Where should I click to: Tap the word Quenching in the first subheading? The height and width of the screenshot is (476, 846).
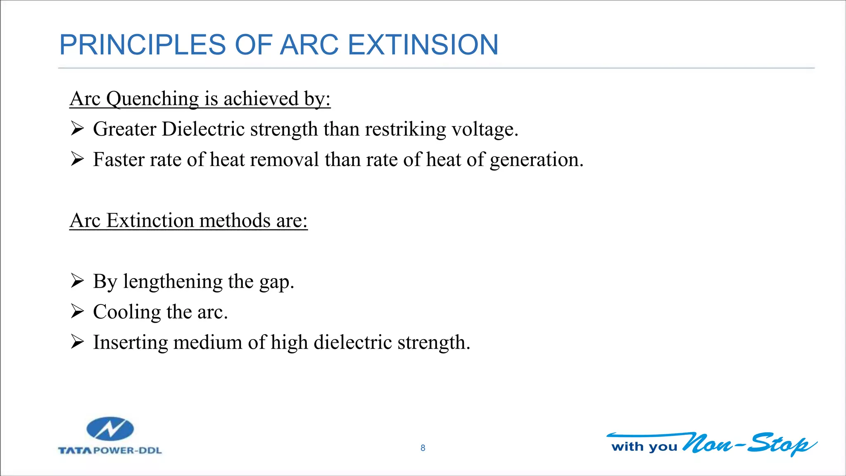(x=152, y=99)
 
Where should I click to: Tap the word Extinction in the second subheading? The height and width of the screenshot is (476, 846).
(x=150, y=220)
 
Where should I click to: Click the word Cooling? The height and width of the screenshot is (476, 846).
(x=127, y=312)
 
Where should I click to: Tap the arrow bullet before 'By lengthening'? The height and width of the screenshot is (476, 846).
(x=77, y=281)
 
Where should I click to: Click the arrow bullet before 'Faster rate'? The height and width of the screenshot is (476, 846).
(x=77, y=159)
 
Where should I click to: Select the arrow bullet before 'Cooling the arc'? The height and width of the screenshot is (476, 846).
(x=77, y=312)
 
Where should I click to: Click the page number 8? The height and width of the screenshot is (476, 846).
(x=423, y=448)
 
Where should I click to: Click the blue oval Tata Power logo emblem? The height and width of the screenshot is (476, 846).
(x=110, y=429)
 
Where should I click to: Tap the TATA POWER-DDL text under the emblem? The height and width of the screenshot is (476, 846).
(x=110, y=450)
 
